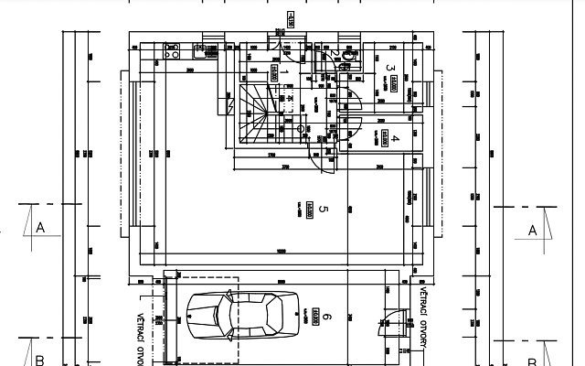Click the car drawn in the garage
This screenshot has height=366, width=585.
tap(242, 317)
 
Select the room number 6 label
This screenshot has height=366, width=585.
tap(327, 318)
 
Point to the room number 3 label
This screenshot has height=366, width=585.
tap(390, 68)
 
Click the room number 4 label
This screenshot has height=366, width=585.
tap(396, 139)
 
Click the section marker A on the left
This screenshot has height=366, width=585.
tap(40, 228)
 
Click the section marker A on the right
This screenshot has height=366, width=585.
tap(533, 231)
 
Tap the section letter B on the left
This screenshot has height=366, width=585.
tap(39, 359)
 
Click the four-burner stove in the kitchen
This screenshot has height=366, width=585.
tap(171, 49)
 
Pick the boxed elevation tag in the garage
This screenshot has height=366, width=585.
tap(315, 317)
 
